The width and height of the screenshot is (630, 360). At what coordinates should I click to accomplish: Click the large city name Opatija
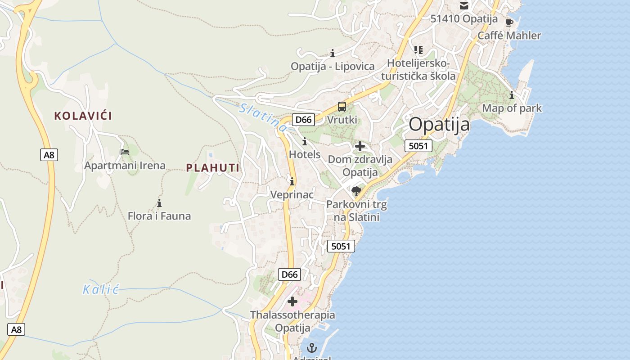[439, 124]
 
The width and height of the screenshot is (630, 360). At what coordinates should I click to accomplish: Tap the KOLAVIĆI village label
[83, 116]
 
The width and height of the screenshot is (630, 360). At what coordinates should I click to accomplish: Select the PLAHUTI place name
[213, 168]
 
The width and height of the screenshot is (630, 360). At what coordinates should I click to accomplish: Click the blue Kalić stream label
[101, 289]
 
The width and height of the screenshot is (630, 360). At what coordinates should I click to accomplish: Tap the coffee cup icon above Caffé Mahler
[509, 22]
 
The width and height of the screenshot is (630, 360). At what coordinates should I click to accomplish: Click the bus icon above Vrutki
[342, 107]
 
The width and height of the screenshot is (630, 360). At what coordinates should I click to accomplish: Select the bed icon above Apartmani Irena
[125, 152]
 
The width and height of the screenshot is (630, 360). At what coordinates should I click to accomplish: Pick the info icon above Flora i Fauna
[159, 203]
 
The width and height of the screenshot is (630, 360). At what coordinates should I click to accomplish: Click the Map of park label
[512, 108]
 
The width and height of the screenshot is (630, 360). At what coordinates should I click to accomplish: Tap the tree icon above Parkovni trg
[356, 191]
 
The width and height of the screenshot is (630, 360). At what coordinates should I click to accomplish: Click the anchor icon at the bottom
[311, 347]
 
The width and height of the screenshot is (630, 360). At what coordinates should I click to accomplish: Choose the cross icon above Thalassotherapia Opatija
[292, 301]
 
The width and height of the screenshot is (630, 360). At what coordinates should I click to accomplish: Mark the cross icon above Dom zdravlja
[360, 146]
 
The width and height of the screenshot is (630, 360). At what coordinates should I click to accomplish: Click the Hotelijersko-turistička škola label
[418, 69]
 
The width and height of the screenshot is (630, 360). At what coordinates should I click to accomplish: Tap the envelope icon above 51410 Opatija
[464, 6]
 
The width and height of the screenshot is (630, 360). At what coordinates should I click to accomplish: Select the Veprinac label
[292, 194]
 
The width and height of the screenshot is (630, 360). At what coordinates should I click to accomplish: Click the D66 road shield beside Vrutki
[303, 120]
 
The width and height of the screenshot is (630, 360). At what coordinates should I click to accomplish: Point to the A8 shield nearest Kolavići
[49, 155]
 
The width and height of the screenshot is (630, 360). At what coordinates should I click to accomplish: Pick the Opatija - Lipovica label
[333, 67]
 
